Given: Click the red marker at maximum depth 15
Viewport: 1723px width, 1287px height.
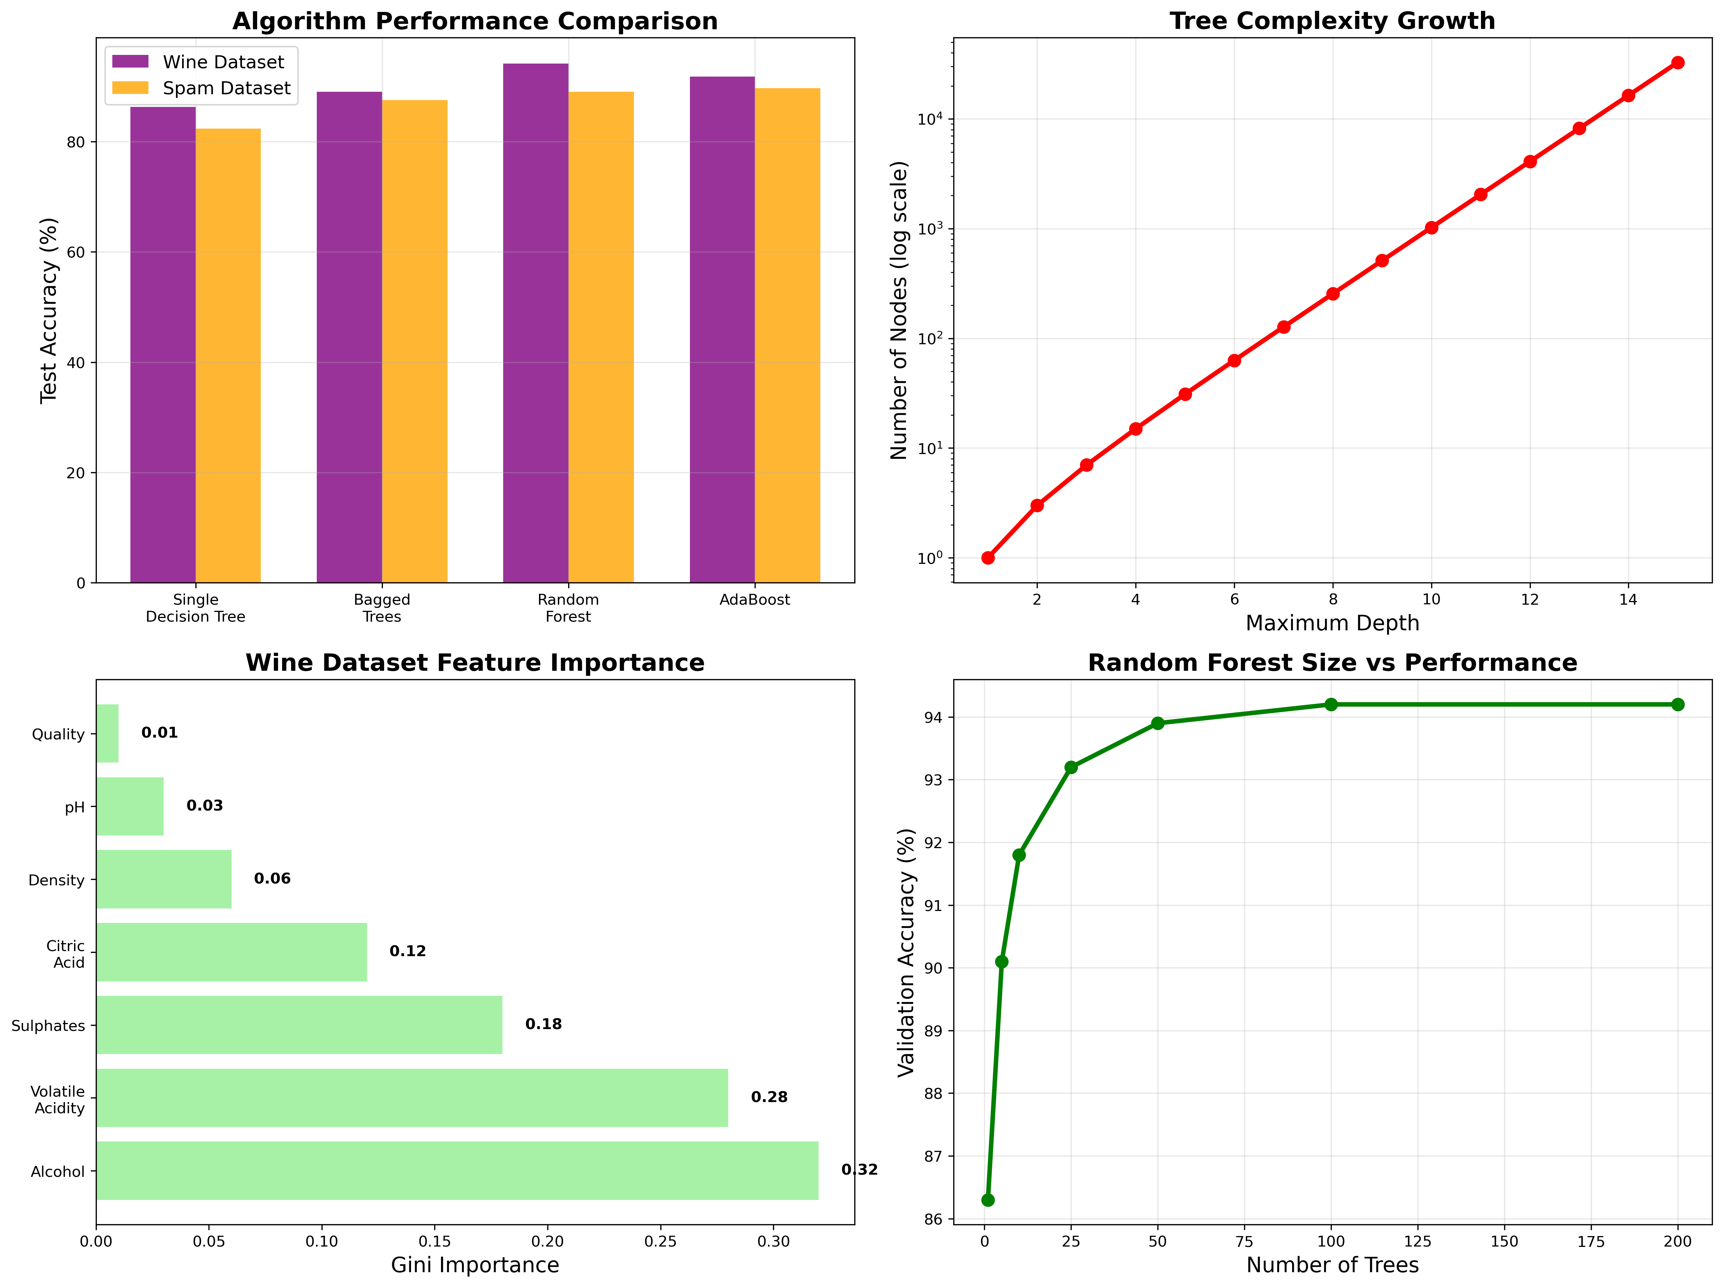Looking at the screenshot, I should click(1677, 62).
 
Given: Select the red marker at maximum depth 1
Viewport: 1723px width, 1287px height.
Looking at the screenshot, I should click(988, 558).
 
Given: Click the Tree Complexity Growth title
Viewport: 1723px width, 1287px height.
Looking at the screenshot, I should click(1332, 21).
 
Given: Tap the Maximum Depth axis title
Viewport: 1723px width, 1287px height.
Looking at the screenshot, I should click(1332, 623).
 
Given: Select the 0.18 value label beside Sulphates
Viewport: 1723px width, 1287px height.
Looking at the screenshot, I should click(543, 1024).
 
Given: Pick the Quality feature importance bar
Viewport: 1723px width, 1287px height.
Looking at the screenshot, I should click(108, 733).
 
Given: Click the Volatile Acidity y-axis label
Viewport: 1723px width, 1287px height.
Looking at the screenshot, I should click(59, 1099).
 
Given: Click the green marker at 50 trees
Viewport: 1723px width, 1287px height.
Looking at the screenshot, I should click(1157, 723).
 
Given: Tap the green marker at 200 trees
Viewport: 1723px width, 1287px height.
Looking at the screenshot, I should click(1677, 704).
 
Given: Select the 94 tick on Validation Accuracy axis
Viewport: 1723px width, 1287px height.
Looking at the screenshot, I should click(932, 717).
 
